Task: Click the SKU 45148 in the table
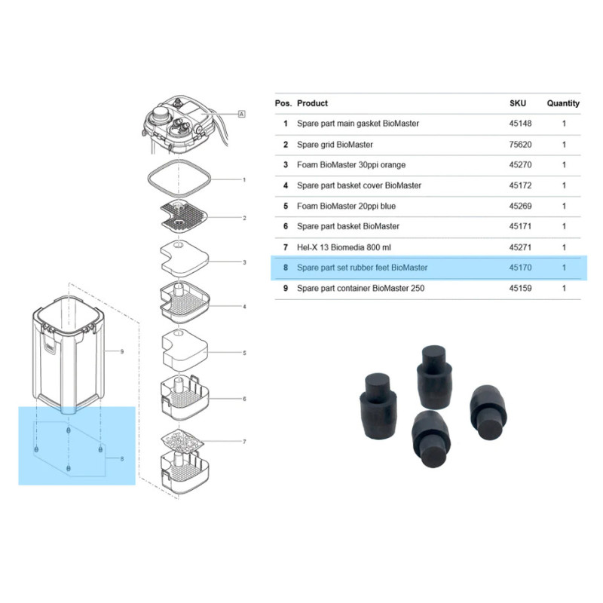(520, 124)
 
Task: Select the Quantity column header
(563, 103)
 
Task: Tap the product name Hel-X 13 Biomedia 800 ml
(344, 247)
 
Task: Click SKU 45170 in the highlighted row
(520, 268)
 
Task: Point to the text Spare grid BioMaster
(335, 145)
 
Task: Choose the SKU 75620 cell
(520, 145)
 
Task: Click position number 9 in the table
(286, 288)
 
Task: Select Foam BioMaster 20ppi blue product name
(346, 206)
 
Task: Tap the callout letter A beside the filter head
(241, 114)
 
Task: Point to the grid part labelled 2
(184, 216)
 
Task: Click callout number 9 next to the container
(122, 351)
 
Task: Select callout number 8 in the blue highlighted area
(122, 459)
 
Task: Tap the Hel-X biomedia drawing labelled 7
(182, 441)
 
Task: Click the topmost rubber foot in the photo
(434, 376)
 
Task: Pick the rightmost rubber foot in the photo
(488, 412)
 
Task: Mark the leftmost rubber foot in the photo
(378, 405)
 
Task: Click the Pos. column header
(283, 103)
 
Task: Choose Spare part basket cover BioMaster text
(359, 185)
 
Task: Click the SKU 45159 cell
(520, 288)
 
